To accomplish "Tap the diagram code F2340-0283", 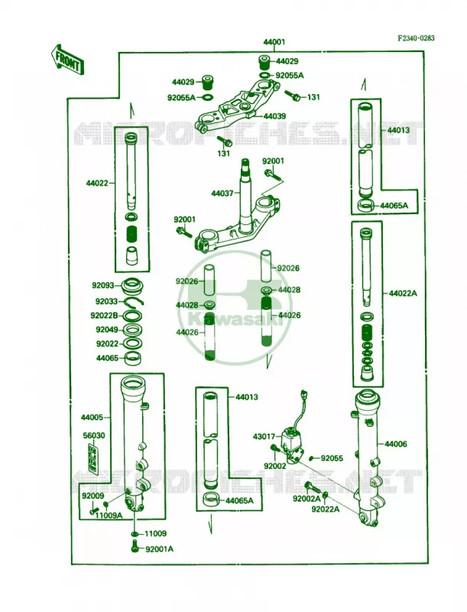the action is click(x=416, y=38).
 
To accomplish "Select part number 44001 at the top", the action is click(x=274, y=42).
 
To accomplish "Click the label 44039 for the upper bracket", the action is click(x=274, y=116).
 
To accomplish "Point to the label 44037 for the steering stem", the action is click(x=222, y=194).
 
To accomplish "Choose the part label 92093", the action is click(x=103, y=285).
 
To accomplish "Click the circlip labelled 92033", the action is click(x=135, y=301).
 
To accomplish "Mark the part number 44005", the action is click(x=92, y=417).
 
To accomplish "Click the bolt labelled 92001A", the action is click(x=135, y=548).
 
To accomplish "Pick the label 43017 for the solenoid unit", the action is click(x=264, y=437).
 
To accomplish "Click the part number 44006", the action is click(x=396, y=444).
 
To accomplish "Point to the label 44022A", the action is click(x=403, y=293).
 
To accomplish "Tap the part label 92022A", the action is click(x=326, y=509).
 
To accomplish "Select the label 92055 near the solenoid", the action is click(x=332, y=457).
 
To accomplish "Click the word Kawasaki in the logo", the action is click(x=235, y=320).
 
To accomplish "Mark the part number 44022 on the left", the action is click(x=98, y=182).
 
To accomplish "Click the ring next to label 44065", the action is click(x=132, y=358).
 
